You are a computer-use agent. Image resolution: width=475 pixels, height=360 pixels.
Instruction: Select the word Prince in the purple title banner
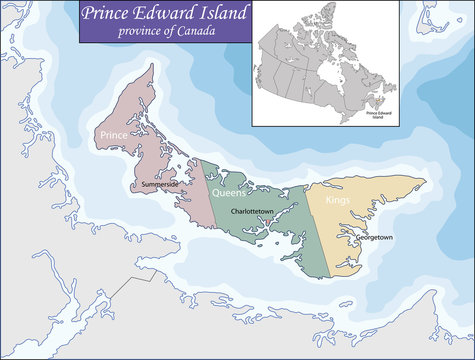pos(112,14)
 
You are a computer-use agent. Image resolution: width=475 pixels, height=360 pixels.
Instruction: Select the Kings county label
pos(336,201)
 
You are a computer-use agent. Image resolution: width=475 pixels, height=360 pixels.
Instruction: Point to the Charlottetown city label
pos(254,213)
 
